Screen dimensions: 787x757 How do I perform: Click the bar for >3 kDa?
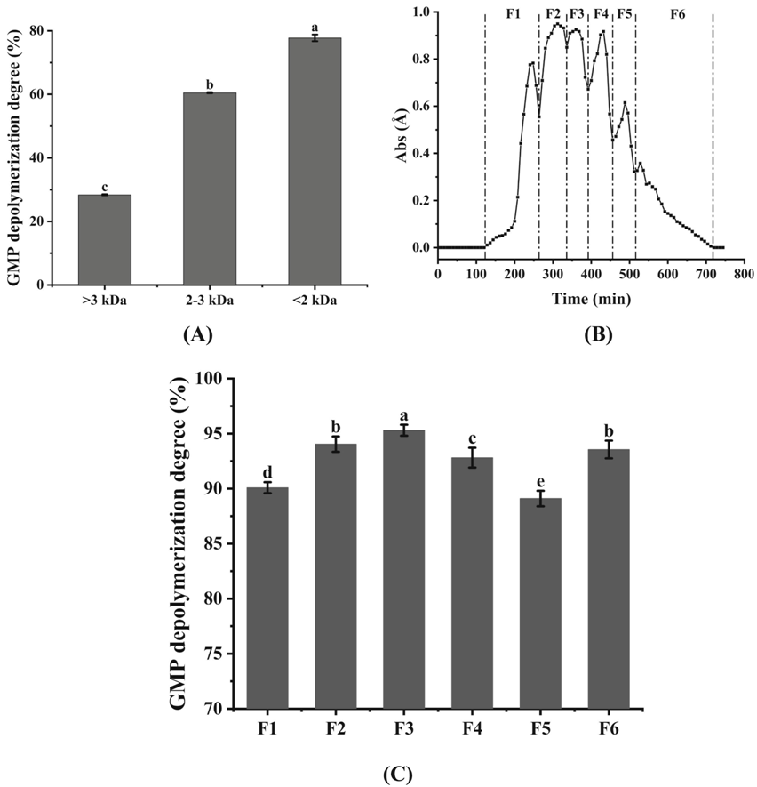[x=105, y=239]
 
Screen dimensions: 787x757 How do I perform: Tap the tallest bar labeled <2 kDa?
[x=315, y=161]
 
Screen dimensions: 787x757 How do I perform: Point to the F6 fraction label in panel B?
[x=678, y=15]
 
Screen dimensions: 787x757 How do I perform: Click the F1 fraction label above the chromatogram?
[x=513, y=15]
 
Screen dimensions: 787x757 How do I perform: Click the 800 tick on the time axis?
[x=745, y=272]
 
